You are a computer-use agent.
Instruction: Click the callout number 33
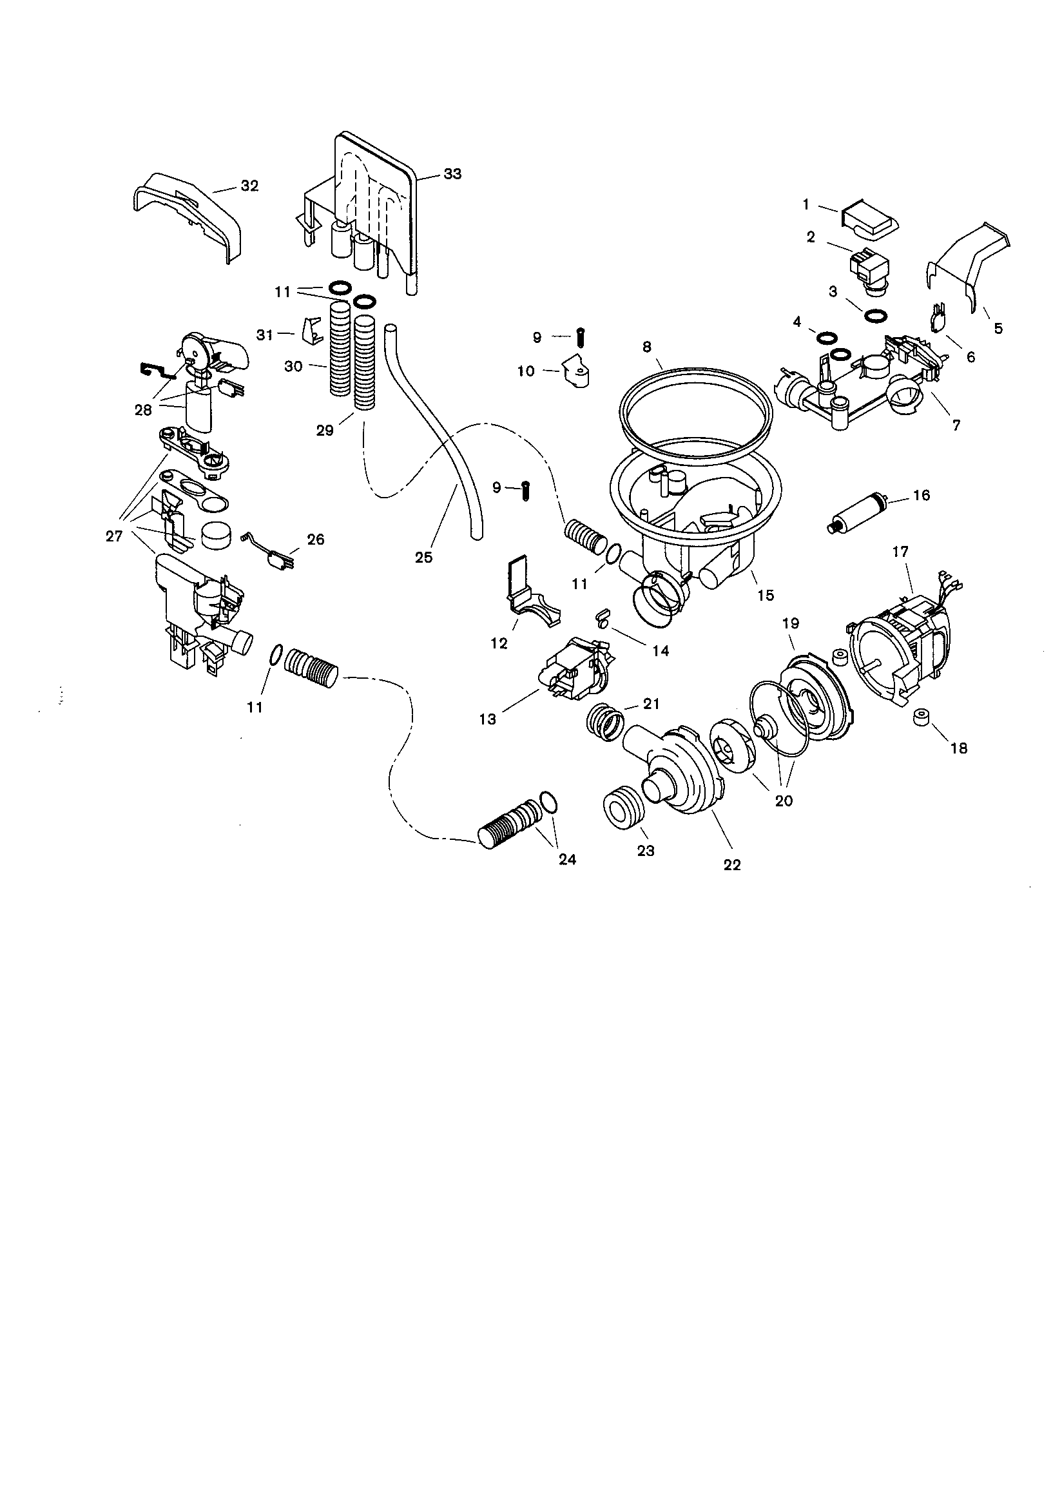click(452, 174)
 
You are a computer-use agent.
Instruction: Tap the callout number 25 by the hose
click(424, 558)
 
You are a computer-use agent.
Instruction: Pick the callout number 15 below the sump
click(766, 595)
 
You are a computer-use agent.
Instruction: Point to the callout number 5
click(998, 328)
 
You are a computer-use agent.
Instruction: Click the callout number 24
click(567, 859)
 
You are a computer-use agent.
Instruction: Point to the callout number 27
click(114, 536)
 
